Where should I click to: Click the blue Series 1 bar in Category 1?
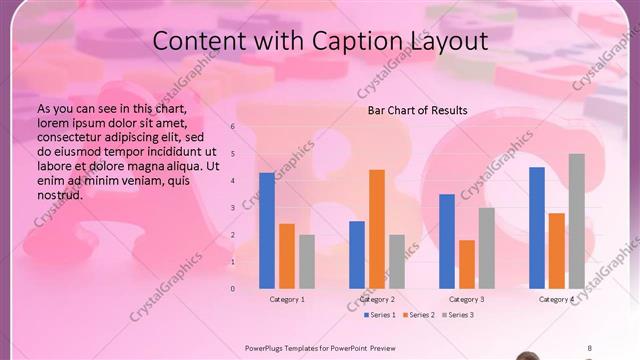point(267,231)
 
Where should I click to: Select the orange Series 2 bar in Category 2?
point(376,229)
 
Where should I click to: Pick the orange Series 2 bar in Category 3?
point(466,264)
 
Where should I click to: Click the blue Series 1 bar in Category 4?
point(537,228)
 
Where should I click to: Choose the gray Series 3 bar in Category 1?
point(307,262)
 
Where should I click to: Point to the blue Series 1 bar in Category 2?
point(357,255)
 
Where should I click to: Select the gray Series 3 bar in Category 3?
point(486,248)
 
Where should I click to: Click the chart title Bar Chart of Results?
point(418,110)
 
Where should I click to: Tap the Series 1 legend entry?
point(379,315)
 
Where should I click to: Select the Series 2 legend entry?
point(418,315)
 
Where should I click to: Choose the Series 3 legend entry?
point(457,315)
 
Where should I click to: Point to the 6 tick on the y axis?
point(232,127)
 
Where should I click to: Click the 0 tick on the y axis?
point(232,289)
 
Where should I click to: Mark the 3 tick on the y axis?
point(232,208)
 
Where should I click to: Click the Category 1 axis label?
point(287,299)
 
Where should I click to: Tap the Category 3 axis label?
point(466,299)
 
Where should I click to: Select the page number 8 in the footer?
point(589,348)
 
